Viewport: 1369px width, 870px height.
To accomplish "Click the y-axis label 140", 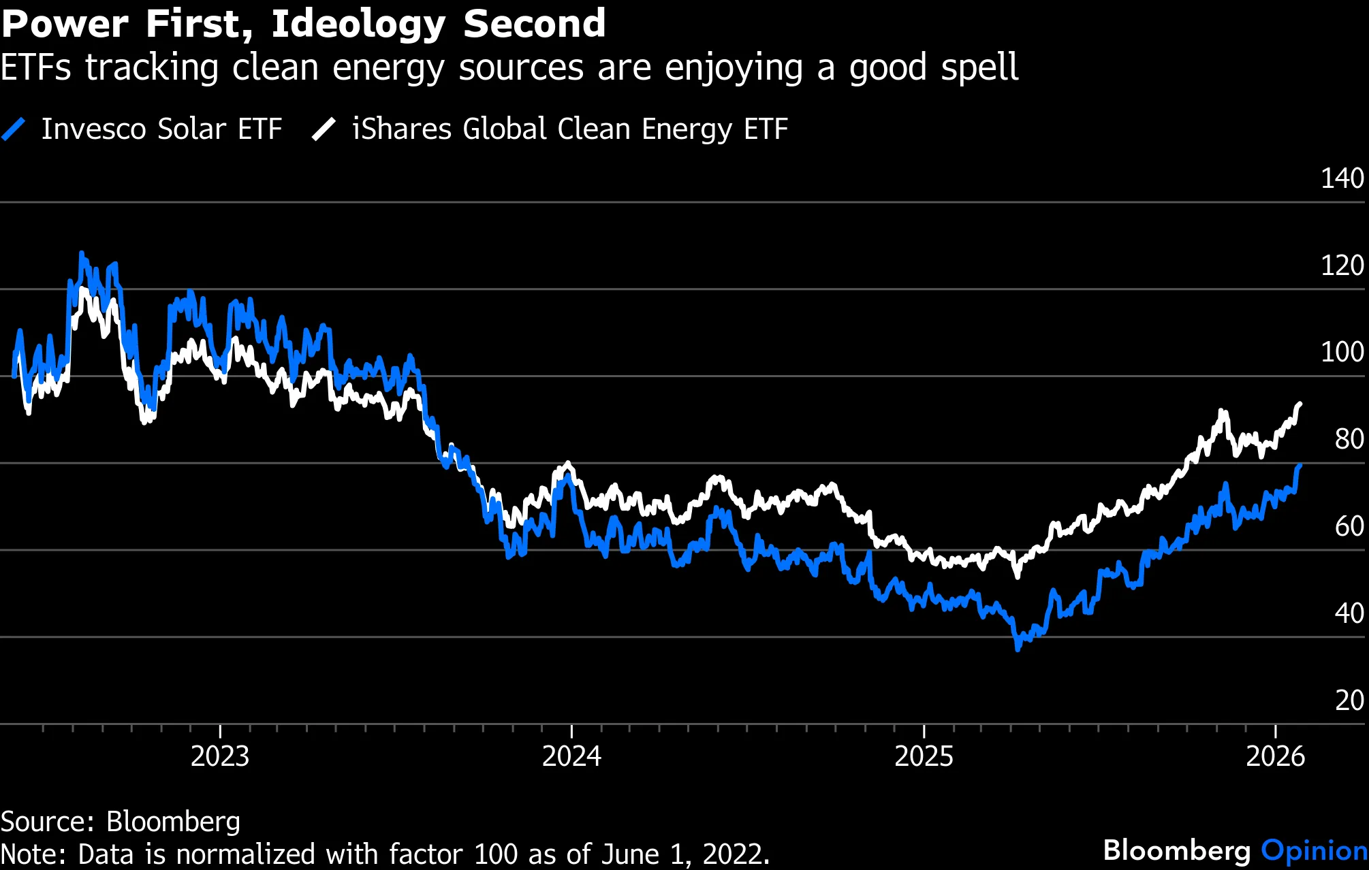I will (x=1342, y=178).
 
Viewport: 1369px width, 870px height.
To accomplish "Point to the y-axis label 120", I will (x=1342, y=265).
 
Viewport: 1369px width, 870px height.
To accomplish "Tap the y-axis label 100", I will (x=1342, y=352).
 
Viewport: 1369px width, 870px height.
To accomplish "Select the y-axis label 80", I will (x=1349, y=439).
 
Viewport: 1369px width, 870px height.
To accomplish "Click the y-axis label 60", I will (x=1349, y=526).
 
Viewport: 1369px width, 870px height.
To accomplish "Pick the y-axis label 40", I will (x=1349, y=613).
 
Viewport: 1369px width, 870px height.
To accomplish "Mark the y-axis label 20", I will (x=1349, y=700).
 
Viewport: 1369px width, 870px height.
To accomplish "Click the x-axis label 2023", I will (x=220, y=756).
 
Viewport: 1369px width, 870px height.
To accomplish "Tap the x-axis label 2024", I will (x=571, y=756).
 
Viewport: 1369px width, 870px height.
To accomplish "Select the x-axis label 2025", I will (x=924, y=756).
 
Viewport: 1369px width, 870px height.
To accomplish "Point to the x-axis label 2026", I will (x=1275, y=756).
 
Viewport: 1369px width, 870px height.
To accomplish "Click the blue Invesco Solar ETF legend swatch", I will (x=14, y=129).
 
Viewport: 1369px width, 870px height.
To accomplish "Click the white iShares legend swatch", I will (x=324, y=129).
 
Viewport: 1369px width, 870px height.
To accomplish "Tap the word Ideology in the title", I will (x=358, y=25).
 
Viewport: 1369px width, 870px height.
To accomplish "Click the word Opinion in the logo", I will (x=1314, y=850).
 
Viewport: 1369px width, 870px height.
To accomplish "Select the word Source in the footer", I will (x=46, y=822).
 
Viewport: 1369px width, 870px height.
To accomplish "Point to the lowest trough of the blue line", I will (x=1018, y=649).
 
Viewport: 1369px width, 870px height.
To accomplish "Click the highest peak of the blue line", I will (x=82, y=253).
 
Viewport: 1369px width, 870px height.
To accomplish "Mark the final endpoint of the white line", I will (x=1300, y=404).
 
